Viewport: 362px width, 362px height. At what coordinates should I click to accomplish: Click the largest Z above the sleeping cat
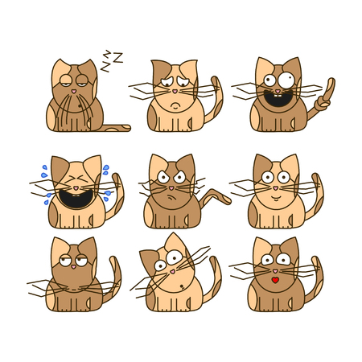click(117, 58)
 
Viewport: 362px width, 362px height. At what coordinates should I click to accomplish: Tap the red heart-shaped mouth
click(275, 280)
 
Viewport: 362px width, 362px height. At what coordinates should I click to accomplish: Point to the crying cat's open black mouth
click(76, 199)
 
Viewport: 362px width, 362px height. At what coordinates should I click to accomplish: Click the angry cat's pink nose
click(171, 188)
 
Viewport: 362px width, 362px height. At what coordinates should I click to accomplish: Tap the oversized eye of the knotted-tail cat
click(286, 80)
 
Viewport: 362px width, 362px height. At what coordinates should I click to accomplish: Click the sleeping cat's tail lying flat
click(114, 128)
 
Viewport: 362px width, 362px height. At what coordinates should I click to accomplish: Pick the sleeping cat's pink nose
click(74, 91)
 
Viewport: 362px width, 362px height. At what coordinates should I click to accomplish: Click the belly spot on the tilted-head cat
click(182, 286)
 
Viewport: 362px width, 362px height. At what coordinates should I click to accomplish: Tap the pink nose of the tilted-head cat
click(173, 272)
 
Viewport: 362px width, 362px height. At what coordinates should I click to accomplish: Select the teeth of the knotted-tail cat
click(278, 96)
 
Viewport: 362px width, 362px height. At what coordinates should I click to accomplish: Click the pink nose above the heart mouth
click(275, 271)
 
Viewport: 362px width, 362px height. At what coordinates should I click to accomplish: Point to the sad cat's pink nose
click(175, 91)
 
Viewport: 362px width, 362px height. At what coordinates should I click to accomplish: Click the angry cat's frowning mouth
click(171, 198)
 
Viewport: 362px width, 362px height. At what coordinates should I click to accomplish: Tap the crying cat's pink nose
click(76, 188)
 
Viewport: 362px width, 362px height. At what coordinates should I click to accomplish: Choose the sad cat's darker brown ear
click(161, 71)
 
